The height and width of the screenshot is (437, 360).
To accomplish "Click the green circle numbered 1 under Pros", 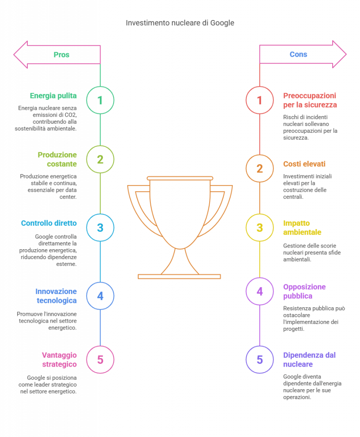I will point(100,100).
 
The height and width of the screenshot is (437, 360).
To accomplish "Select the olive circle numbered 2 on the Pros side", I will point(100,159).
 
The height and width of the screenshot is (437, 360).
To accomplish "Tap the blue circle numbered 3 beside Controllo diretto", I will point(100,227).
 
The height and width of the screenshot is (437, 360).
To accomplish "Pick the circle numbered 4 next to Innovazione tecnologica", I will point(100,296).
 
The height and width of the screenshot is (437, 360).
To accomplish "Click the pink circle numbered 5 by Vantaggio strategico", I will point(100,359).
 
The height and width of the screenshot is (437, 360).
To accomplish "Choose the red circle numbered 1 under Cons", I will point(260,100).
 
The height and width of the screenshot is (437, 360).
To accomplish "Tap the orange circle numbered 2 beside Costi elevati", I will point(260,169).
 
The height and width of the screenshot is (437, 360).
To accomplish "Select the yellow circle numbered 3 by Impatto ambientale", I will point(260,227).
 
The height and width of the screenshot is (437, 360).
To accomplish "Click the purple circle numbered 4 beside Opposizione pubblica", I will point(260,291).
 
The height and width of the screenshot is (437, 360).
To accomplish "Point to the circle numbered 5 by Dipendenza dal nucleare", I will point(260,359).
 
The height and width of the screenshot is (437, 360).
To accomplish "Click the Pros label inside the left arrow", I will point(61,55).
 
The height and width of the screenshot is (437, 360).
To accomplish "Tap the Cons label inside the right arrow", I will point(298,55).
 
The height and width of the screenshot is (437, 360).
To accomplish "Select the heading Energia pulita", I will point(53,96).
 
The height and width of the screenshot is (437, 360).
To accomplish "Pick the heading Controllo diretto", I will point(49,223).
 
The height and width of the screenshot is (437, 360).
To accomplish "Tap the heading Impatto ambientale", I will point(302,228).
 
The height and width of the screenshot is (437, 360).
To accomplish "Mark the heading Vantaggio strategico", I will point(59,359).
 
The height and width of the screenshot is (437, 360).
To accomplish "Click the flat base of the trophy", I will point(179,277).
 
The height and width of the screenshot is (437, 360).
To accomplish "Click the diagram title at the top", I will point(180,23).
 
